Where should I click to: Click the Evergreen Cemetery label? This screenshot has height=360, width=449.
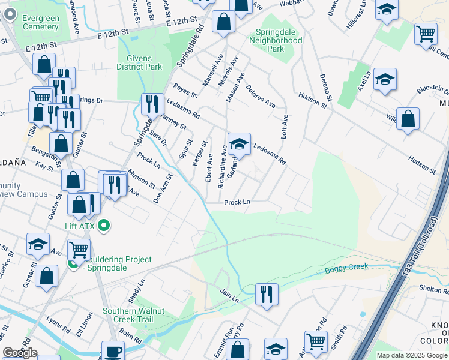click(41, 23)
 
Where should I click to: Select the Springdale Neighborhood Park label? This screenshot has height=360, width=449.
click(278, 40)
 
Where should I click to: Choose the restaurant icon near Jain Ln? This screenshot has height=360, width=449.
click(267, 294)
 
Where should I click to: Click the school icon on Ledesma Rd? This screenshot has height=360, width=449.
click(239, 144)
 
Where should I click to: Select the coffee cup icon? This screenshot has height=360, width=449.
click(112, 350)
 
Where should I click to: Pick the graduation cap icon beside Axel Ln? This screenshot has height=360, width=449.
click(385, 79)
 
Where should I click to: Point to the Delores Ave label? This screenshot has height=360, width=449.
click(261, 96)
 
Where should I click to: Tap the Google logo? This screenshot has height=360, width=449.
click(20, 353)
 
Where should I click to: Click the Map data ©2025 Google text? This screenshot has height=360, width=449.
click(412, 355)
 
